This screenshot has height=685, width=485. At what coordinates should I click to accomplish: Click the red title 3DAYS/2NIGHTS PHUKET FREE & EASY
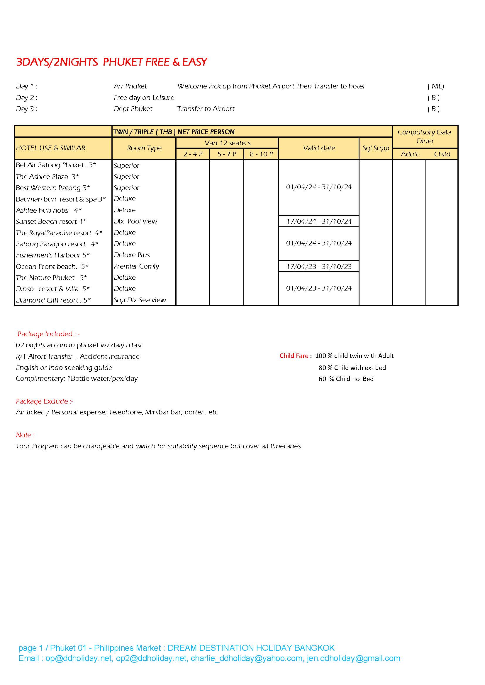coord(111,62)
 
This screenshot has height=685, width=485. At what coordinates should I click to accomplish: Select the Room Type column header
coord(144,148)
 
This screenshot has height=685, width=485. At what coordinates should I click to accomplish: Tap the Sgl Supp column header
coord(376,148)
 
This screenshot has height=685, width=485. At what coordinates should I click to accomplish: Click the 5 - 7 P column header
coord(227,154)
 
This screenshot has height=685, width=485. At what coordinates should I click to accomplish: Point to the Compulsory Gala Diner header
coord(424,136)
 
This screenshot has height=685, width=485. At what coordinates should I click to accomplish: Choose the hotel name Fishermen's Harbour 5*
coord(52,255)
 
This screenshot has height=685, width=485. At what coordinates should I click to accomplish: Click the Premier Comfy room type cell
coord(136,266)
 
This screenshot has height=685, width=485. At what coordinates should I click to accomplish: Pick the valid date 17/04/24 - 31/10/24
coord(319,221)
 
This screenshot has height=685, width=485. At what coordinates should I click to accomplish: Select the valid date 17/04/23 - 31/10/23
coord(319,267)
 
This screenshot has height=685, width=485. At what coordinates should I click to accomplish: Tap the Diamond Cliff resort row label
coord(53,300)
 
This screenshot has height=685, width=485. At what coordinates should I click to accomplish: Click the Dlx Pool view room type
coord(135,221)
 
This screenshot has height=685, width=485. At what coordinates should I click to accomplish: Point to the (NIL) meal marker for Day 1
coord(436,86)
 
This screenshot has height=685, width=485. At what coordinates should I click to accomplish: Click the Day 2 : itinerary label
coord(27,98)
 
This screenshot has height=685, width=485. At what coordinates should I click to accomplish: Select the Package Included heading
coord(48,334)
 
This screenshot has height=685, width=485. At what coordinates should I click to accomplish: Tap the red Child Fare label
coord(294,356)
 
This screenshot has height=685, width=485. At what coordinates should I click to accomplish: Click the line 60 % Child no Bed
coord(346,379)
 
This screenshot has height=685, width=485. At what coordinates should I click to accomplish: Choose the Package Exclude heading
coord(45,401)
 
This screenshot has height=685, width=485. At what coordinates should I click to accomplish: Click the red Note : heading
coord(25,435)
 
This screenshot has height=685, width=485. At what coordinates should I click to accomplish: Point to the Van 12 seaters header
coord(227,143)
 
